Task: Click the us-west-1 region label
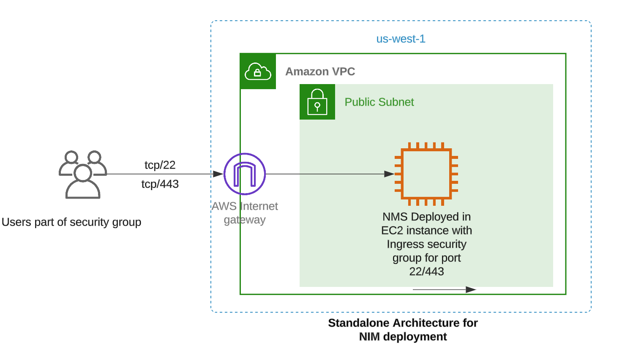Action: tap(401, 39)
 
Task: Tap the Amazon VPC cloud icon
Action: tap(258, 71)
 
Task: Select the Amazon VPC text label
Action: tap(320, 71)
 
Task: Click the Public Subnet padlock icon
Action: tap(317, 102)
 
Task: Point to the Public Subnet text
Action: tap(379, 102)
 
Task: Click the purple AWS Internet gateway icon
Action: tap(245, 174)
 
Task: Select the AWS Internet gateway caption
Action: tap(245, 213)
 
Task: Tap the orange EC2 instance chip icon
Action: tap(426, 174)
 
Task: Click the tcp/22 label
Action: tap(160, 165)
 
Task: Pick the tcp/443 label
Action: tap(160, 184)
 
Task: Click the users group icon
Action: tap(83, 174)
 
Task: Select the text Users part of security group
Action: tap(71, 222)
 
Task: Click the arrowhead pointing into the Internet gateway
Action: tap(218, 174)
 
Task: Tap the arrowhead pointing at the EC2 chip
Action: tap(389, 174)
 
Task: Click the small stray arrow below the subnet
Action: tap(444, 289)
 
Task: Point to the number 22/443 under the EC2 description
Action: tap(426, 272)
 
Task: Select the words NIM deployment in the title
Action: tap(403, 337)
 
